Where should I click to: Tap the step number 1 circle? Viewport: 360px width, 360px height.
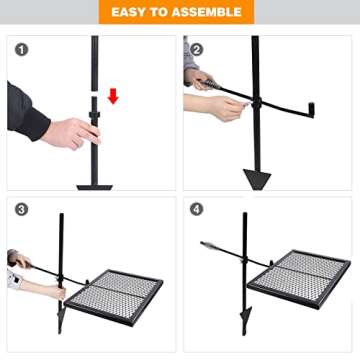point(22,48)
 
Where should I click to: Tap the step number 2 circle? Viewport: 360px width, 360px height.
point(197,48)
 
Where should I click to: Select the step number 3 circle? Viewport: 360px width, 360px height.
point(22,211)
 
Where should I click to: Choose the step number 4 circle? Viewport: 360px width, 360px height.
point(197,211)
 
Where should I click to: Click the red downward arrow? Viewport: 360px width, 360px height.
point(113,96)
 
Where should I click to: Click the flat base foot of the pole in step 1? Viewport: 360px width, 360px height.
point(96,186)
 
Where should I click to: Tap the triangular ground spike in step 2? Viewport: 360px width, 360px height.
point(256,178)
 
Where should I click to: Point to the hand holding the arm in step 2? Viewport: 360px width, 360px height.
point(226,106)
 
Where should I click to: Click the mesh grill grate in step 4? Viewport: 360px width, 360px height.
point(300,277)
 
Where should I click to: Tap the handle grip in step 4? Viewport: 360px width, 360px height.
point(211,246)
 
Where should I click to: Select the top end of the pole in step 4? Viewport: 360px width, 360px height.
point(243,216)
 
